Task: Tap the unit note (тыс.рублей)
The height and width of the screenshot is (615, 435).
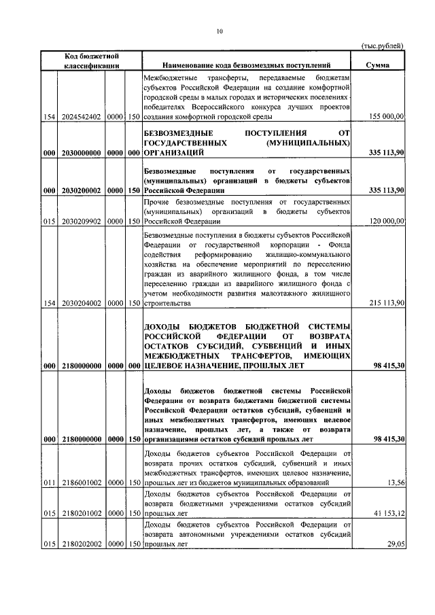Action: pos(381,46)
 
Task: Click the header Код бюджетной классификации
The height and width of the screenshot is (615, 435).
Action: pos(92,60)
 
